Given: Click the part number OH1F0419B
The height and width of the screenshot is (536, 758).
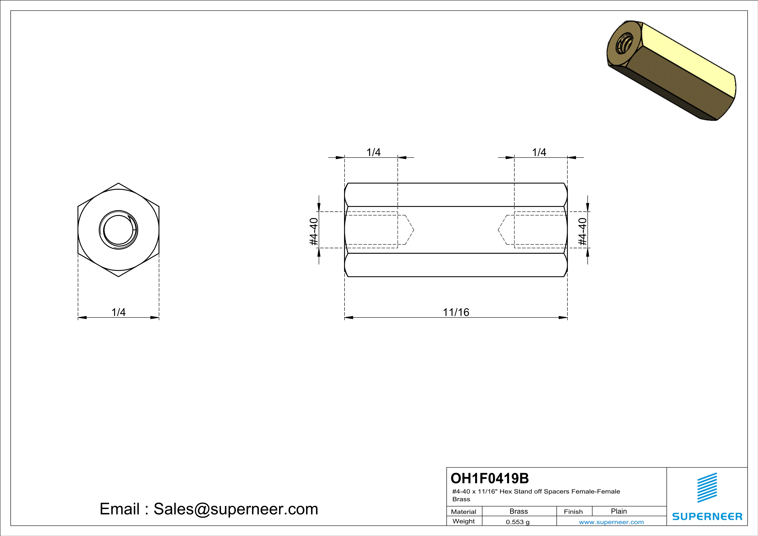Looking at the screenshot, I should click(490, 478).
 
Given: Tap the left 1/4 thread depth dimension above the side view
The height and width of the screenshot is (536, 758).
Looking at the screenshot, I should click(373, 153).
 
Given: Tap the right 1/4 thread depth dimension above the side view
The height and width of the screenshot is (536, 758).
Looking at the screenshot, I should click(539, 153).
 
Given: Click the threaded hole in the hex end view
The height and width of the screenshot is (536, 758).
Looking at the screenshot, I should click(118, 230).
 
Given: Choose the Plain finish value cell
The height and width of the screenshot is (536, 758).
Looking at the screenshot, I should click(619, 511).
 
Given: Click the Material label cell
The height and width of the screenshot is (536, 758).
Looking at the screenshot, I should click(464, 512).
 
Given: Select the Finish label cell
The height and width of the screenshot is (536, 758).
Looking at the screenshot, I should click(573, 512).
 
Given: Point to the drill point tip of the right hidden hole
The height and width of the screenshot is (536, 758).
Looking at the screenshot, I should click(498, 230).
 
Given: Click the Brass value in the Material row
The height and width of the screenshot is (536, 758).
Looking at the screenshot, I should click(519, 511).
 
